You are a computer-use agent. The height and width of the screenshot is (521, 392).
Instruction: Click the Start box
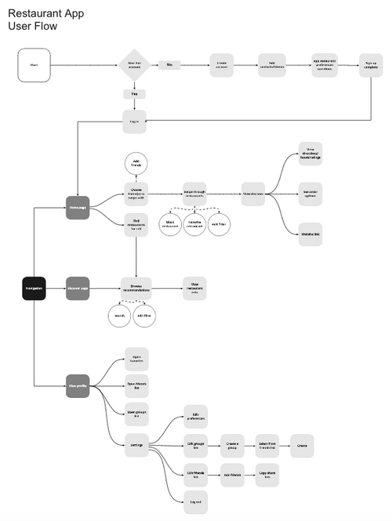[x=34, y=65]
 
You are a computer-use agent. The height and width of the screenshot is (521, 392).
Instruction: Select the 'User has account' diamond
[x=134, y=65]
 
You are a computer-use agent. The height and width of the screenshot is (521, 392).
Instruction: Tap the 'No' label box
[x=169, y=65]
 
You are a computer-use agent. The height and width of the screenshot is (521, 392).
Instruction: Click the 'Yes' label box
[x=134, y=93]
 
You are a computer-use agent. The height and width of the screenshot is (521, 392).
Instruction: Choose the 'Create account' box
[x=221, y=65]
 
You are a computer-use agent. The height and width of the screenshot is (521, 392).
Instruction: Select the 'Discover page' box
[x=78, y=289]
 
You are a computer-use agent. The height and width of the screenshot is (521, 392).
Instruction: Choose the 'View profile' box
[x=78, y=386]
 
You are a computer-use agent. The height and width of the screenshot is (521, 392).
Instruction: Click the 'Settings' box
[x=136, y=445]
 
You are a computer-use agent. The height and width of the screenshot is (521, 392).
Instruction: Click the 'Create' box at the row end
[x=302, y=445]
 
